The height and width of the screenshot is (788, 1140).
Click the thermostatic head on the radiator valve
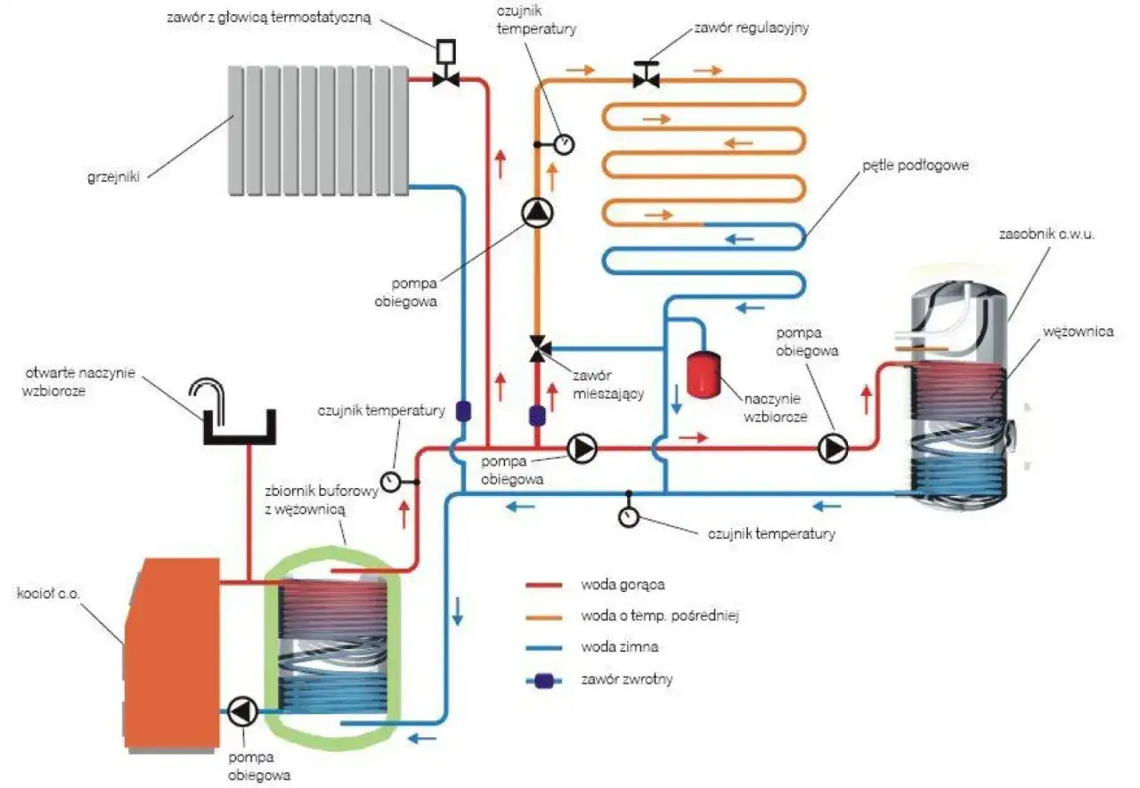click(x=444, y=53)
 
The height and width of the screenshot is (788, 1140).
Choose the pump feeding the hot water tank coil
click(x=834, y=449)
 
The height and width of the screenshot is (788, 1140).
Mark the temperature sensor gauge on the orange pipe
click(x=563, y=142)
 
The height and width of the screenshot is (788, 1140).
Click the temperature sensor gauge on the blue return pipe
click(x=629, y=516)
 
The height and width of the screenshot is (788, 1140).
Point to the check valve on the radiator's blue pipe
click(x=463, y=411)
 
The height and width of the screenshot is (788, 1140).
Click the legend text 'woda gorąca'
click(x=623, y=585)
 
